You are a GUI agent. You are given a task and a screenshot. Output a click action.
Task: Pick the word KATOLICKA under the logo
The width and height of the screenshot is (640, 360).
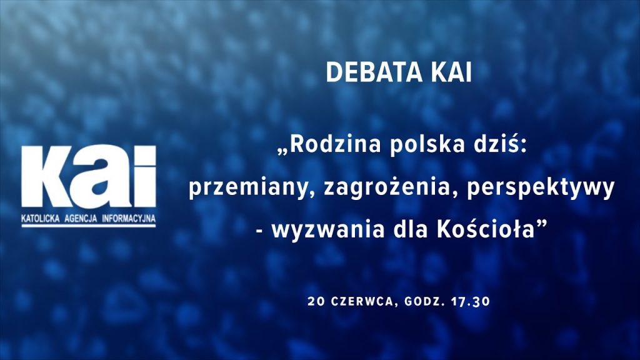click(x=41, y=218)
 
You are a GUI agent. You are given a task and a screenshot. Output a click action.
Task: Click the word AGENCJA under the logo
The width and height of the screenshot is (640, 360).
click(x=81, y=218)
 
